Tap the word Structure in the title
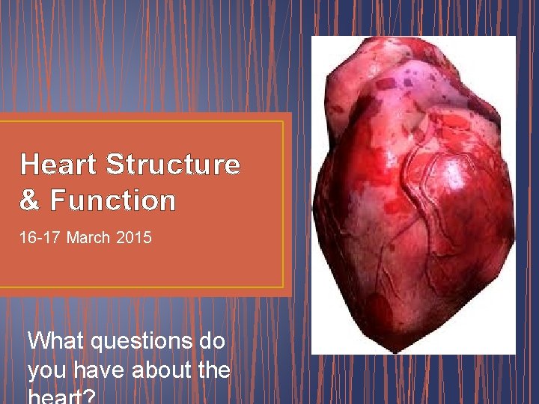point(174,164)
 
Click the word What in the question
point(55,341)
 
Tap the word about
point(162,370)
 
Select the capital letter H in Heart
point(30,164)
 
